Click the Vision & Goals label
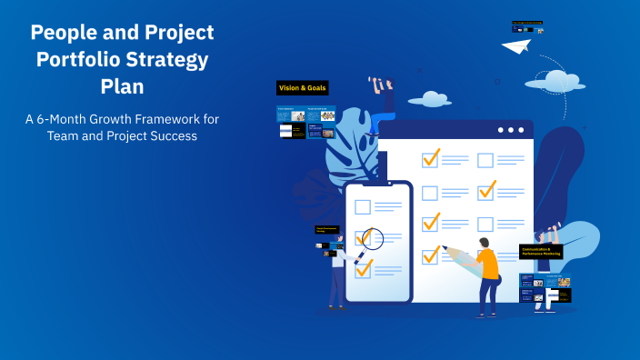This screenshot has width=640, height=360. (302, 88)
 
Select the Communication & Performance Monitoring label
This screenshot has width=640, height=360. (541, 251)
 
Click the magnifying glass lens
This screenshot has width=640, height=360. (373, 238)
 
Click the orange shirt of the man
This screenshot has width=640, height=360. (488, 265)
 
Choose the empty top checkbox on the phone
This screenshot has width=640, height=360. (363, 206)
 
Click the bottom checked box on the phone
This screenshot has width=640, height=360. (364, 269)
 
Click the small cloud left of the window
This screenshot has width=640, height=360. (429, 99)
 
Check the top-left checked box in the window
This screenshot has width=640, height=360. (430, 159)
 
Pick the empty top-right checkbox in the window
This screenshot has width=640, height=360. (485, 160)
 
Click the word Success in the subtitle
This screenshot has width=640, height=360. (167, 136)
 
